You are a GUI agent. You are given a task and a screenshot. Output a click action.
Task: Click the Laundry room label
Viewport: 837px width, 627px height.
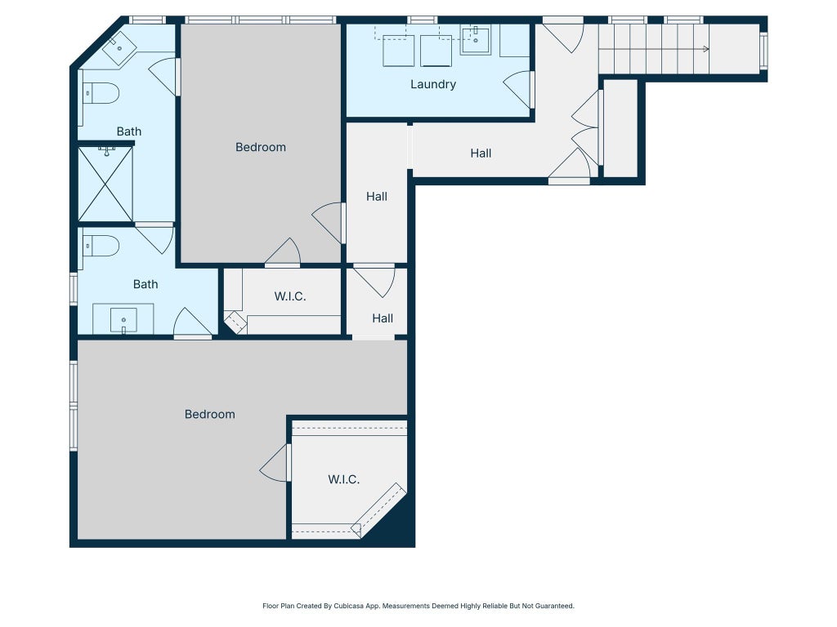(x=433, y=84)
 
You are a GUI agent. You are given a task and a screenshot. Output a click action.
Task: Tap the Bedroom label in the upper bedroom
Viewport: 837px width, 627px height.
(x=261, y=147)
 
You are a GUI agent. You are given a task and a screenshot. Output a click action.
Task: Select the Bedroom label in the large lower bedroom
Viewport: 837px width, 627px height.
(x=210, y=414)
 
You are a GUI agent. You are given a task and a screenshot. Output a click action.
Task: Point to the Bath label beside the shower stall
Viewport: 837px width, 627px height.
(x=129, y=131)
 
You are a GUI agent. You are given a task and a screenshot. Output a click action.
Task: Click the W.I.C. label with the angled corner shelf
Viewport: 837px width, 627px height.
(x=344, y=479)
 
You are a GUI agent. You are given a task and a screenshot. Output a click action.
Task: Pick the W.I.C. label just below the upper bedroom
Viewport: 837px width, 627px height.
(x=290, y=296)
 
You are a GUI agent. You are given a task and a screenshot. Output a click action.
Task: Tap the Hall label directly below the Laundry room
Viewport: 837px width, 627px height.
(x=481, y=153)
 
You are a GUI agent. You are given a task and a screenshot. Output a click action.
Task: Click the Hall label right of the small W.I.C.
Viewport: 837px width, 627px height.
(x=383, y=318)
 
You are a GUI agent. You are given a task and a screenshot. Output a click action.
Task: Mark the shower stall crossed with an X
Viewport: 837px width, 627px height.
(x=105, y=184)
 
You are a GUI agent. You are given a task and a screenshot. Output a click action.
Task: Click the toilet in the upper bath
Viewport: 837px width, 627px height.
(x=101, y=93)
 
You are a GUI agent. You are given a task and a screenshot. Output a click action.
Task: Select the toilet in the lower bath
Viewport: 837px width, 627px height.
(x=101, y=246)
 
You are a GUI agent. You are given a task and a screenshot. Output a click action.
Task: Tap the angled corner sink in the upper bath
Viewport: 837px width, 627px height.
(x=119, y=48)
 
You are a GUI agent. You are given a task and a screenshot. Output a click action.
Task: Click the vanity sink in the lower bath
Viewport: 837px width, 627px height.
(x=123, y=320)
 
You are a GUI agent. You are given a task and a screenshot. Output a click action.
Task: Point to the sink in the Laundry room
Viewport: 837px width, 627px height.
(x=476, y=39)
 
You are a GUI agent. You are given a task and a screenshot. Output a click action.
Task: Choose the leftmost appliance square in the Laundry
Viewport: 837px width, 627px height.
(x=398, y=51)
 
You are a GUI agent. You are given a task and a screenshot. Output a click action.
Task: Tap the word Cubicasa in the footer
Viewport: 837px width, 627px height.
(x=349, y=606)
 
